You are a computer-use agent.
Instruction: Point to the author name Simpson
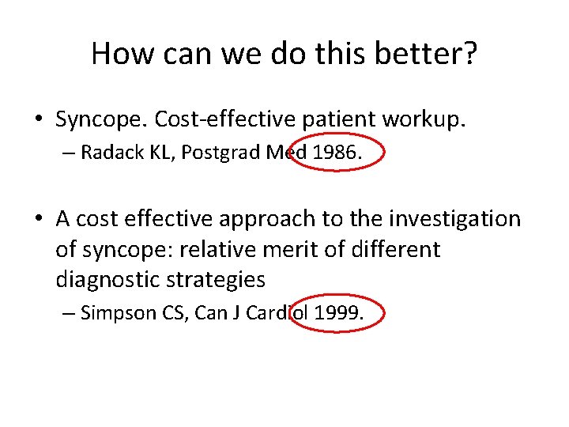(115, 313)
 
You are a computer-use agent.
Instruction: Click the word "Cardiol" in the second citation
(277, 313)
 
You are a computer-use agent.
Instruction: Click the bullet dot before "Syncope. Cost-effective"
(37, 120)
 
